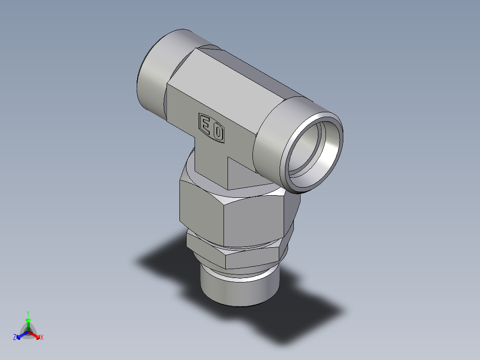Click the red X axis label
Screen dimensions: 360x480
pyautogui.click(x=41, y=338)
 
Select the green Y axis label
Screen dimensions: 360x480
pyautogui.click(x=28, y=313)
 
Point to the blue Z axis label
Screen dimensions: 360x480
pyautogui.click(x=15, y=338)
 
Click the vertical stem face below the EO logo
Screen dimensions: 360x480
pyautogui.click(x=212, y=165)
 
